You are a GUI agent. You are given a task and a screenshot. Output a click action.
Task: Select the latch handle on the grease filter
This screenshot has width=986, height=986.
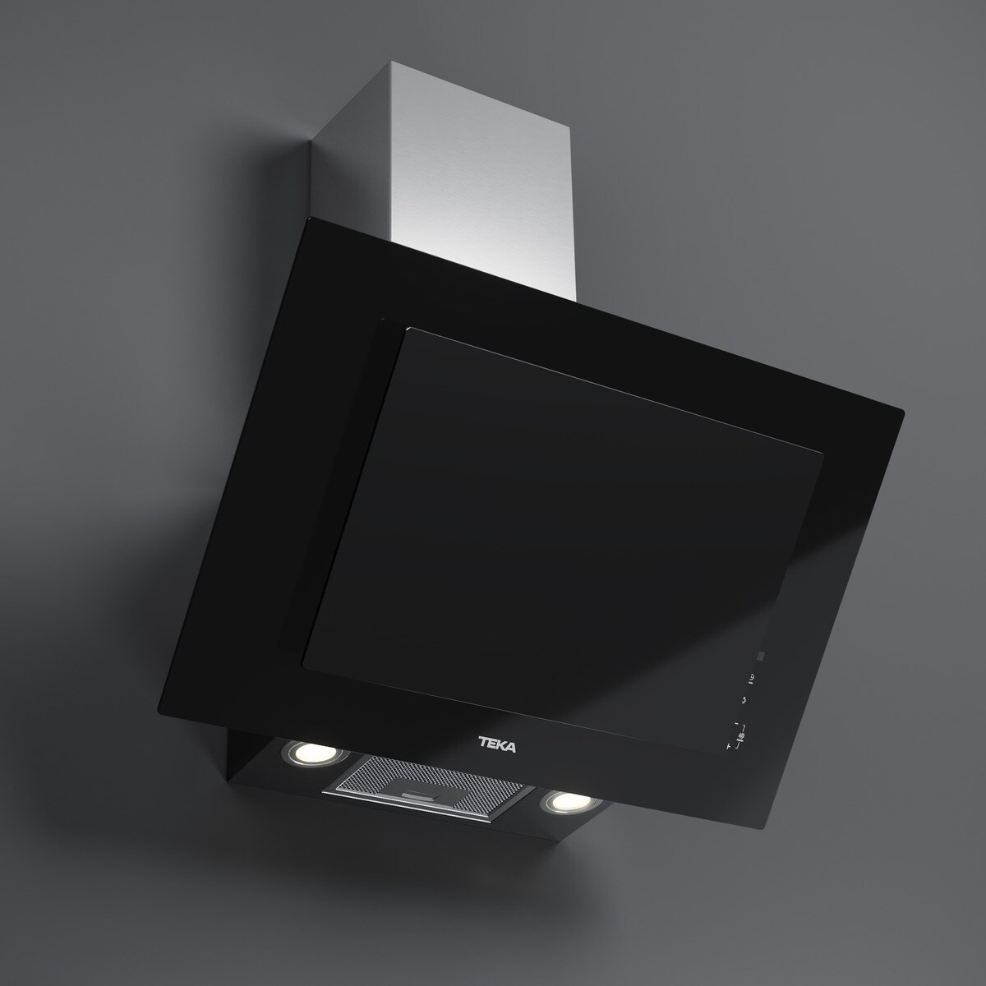click(422, 796)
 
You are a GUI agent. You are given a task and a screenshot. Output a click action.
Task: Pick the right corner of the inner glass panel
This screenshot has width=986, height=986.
click(823, 451)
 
